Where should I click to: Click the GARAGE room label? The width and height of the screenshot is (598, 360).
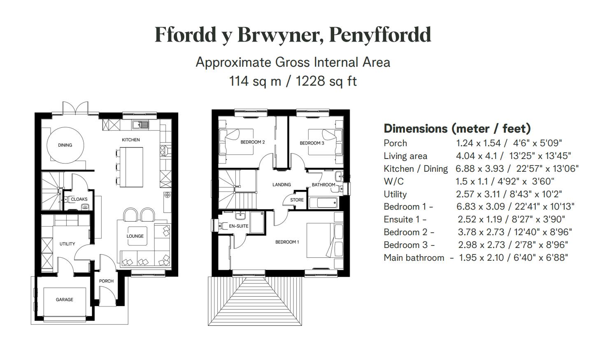[65, 299]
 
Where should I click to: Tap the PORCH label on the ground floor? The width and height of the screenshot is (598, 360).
[106, 281]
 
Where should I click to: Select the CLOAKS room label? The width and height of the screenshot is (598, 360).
[79, 199]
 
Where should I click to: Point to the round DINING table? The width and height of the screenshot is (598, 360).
[65, 145]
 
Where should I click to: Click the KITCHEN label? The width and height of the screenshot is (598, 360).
[130, 140]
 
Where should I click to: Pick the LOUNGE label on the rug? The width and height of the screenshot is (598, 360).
[135, 236]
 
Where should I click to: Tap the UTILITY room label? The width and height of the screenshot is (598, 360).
[67, 244]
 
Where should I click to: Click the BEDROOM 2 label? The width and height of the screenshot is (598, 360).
[252, 142]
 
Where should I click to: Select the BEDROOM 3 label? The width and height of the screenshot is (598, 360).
[312, 143]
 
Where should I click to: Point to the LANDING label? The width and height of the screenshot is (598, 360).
[282, 185]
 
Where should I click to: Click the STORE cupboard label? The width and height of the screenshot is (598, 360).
[297, 200]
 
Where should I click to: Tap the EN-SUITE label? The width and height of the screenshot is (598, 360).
[239, 226]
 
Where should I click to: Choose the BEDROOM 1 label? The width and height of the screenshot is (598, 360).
[287, 242]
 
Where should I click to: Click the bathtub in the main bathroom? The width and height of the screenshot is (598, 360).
[323, 203]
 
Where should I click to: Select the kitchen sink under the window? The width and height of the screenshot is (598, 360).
[140, 124]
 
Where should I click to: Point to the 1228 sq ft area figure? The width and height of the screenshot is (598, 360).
[326, 81]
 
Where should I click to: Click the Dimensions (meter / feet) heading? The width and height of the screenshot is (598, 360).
[457, 129]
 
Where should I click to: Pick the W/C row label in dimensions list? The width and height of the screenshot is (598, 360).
[393, 181]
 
